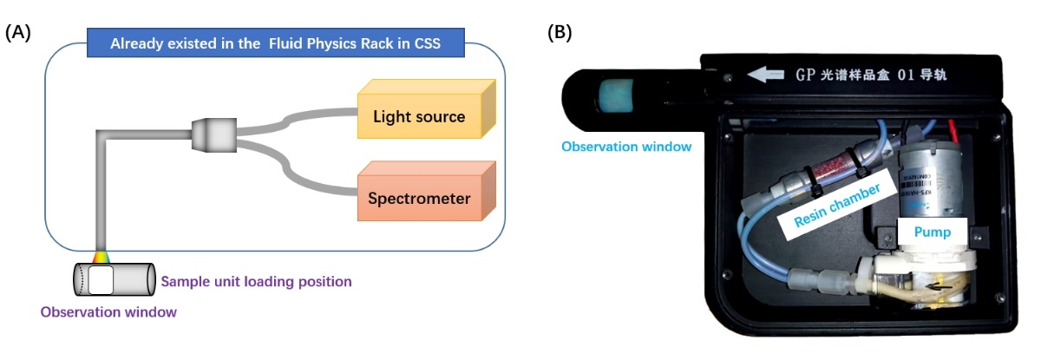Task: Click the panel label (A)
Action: [x=18, y=33]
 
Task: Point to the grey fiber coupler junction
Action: [x=213, y=134]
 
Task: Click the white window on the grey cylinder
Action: [x=101, y=279]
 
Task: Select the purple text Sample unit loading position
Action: [x=256, y=281]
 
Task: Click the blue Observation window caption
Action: [x=626, y=147]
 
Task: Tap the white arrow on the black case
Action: [x=764, y=75]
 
